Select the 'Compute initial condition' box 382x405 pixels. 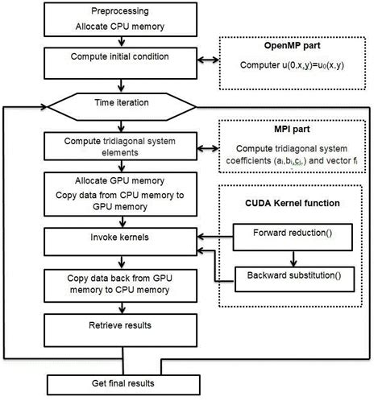click(118, 57)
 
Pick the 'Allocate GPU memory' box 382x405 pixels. click(118, 192)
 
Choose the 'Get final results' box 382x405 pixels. click(118, 382)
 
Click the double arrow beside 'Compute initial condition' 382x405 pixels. click(208, 57)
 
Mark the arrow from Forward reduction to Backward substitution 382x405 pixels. click(293, 256)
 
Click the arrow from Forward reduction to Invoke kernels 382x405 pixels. click(218, 236)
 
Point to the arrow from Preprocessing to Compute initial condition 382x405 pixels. click(118, 42)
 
